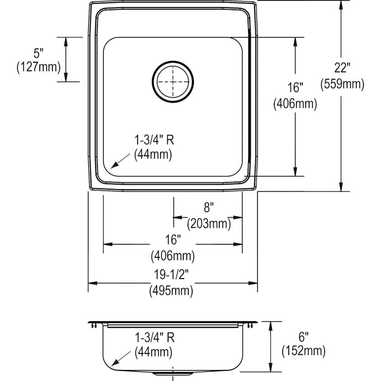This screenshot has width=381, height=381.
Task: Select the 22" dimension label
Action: click(x=342, y=67)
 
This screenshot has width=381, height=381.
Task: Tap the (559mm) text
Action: click(x=342, y=84)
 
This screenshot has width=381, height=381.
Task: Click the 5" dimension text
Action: click(x=39, y=53)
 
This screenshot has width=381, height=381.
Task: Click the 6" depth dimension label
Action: click(x=304, y=337)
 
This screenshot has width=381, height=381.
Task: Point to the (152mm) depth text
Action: click(x=304, y=351)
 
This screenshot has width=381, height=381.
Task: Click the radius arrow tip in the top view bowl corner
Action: click(x=111, y=168)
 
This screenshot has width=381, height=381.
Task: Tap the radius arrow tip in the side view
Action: click(x=111, y=365)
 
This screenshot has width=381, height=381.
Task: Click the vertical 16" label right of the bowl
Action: click(x=295, y=88)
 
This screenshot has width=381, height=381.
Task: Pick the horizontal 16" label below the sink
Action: click(x=173, y=240)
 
